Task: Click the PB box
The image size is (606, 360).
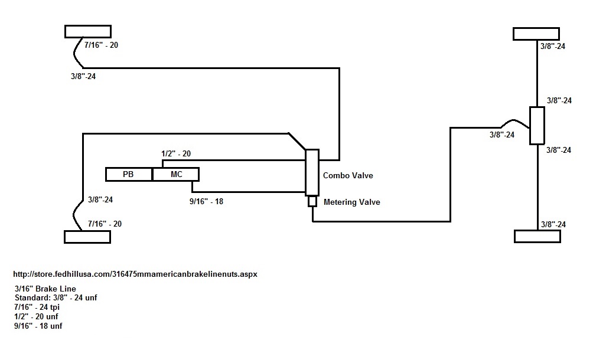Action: [x=129, y=174]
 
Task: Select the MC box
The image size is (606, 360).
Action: [x=176, y=174]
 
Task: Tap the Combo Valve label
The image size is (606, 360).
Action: [x=348, y=175]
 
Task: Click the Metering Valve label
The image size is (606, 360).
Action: [x=351, y=202]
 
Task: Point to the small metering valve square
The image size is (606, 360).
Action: [x=312, y=201]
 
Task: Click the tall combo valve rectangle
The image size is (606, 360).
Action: [x=312, y=172]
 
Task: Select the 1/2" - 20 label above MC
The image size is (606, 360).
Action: [x=176, y=153]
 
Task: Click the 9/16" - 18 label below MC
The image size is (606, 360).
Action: [x=206, y=201]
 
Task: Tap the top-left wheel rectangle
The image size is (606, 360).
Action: [x=88, y=31]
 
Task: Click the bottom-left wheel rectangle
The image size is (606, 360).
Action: [x=87, y=237]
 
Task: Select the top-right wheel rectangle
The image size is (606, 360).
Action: [x=536, y=34]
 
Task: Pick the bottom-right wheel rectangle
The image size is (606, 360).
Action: [x=537, y=237]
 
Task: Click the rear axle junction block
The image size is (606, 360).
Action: [x=537, y=126]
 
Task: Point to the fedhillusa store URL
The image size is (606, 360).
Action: [x=135, y=274]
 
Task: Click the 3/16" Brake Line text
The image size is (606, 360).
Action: [x=45, y=289]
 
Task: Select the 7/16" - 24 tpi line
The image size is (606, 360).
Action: [x=37, y=307]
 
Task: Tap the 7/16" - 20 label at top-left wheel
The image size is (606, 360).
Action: [x=101, y=45]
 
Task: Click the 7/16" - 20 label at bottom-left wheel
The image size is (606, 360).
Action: [x=105, y=224]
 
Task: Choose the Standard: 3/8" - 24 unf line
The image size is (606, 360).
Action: [x=56, y=298]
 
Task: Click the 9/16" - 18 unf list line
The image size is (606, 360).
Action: [x=38, y=326]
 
